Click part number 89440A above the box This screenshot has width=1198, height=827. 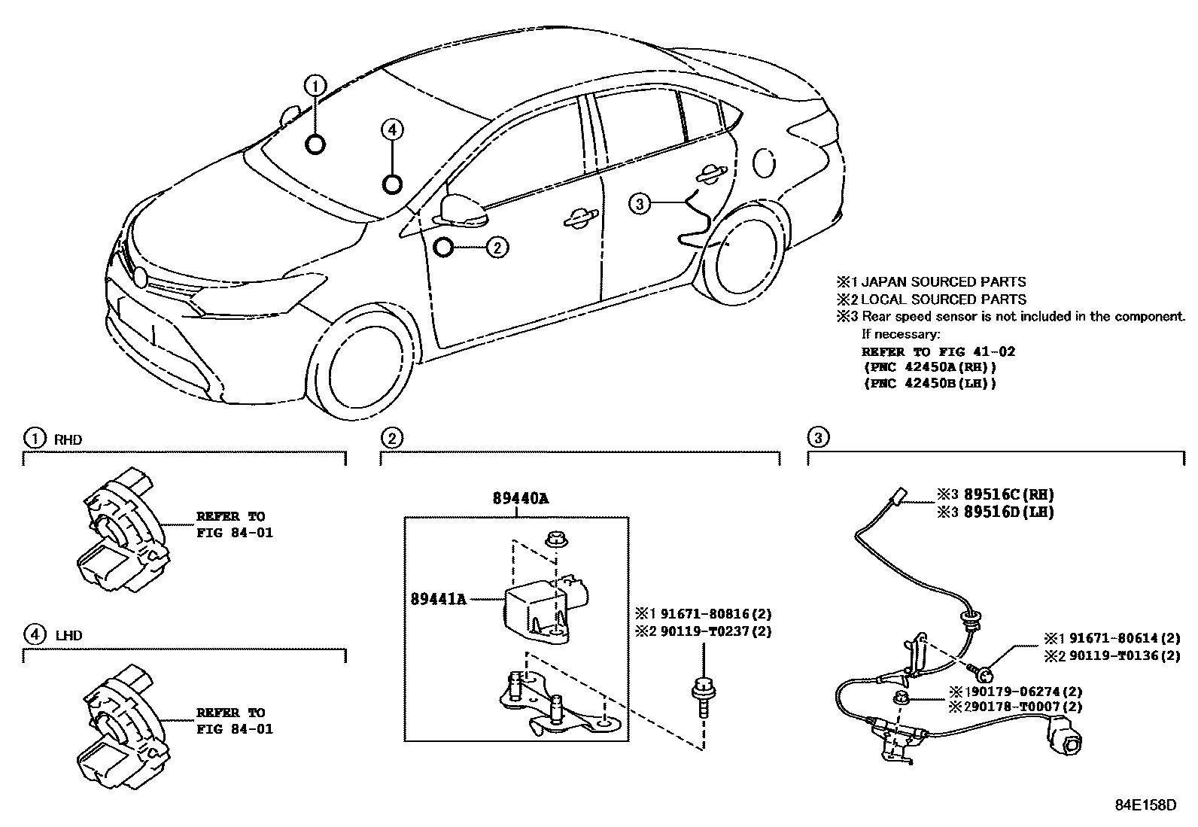(521, 498)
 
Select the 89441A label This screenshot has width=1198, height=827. (439, 599)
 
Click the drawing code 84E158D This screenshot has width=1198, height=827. (1145, 804)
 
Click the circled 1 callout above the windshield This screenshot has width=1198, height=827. (316, 85)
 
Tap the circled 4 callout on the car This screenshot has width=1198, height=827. (391, 130)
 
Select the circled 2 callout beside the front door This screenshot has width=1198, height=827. (497, 247)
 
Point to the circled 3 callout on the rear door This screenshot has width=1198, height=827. (638, 203)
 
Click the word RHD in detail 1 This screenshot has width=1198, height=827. (68, 440)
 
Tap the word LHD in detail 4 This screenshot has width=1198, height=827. (68, 636)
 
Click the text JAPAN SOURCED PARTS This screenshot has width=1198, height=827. (943, 282)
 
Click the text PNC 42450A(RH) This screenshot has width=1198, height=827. (929, 367)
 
